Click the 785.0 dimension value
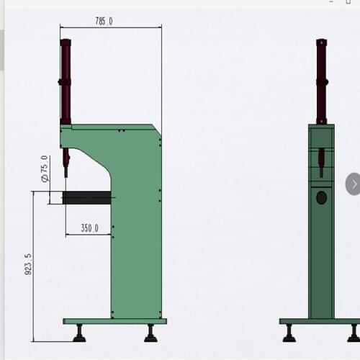(104, 22)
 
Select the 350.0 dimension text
(89, 228)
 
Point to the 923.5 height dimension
(28, 264)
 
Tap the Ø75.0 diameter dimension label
(45, 168)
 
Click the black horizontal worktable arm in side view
(87, 197)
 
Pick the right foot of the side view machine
(150, 333)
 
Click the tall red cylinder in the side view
(66, 79)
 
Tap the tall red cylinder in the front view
(321, 79)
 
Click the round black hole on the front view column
(321, 197)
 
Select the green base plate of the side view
(114, 321)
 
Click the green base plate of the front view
(320, 321)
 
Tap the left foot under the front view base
(289, 333)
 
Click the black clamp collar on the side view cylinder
(65, 82)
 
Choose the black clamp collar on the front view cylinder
(321, 82)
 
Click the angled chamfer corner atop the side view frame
(156, 130)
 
